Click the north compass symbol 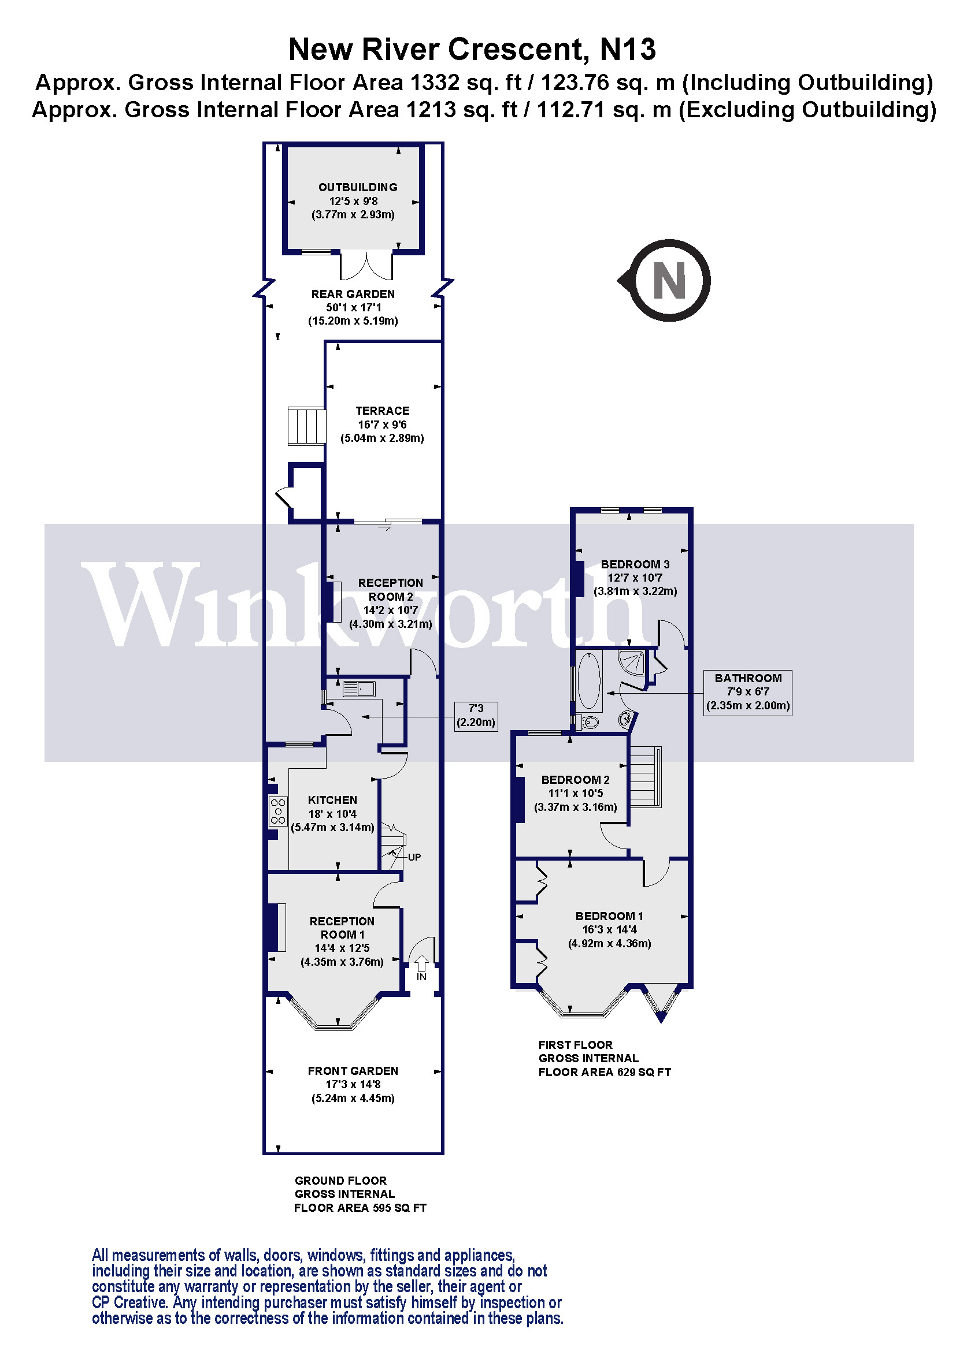tap(668, 280)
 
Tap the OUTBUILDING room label tap(357, 187)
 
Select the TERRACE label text tap(382, 411)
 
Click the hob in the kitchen tap(278, 811)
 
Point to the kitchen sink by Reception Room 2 tap(358, 688)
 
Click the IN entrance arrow tap(421, 963)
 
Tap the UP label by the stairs tap(414, 857)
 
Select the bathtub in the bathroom tap(588, 681)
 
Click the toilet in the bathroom tap(588, 721)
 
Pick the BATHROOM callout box tap(747, 692)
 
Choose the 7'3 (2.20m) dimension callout tap(476, 716)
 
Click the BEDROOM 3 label tap(635, 564)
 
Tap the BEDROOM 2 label tap(575, 780)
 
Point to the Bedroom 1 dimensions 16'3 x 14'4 tap(609, 930)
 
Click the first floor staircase tap(645, 777)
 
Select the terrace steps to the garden tap(306, 426)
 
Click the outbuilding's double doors tap(365, 265)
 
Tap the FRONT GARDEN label tap(353, 1071)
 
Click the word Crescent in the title tap(518, 50)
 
